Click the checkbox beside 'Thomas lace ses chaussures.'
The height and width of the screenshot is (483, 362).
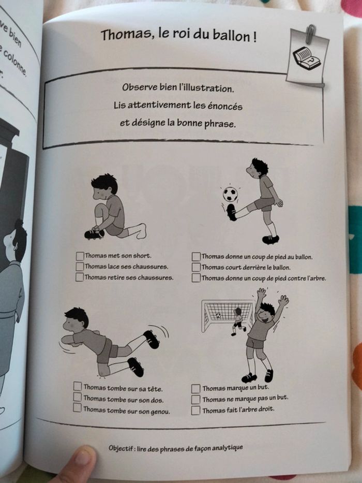tap(80, 267)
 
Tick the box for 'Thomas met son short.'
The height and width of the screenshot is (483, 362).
tap(80, 256)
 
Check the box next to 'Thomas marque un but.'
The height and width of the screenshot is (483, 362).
tap(195, 388)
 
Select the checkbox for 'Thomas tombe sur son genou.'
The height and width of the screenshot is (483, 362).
tap(78, 408)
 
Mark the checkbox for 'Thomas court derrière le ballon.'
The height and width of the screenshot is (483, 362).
tap(196, 267)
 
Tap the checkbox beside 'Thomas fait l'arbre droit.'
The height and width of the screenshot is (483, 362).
tap(195, 410)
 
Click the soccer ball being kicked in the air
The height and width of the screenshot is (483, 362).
tap(230, 195)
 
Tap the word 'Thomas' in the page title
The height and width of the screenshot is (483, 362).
tap(120, 35)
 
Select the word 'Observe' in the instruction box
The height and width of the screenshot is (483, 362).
tap(140, 87)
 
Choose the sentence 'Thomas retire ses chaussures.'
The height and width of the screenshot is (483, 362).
tap(129, 277)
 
